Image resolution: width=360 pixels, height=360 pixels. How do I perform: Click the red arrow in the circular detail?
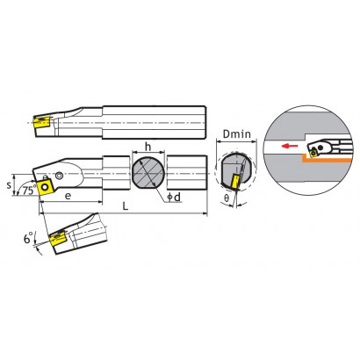[290, 146]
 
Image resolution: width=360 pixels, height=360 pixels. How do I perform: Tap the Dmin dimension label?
[237, 134]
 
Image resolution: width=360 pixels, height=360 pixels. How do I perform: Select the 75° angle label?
[29, 191]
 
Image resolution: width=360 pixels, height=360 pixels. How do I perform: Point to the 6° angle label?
[28, 238]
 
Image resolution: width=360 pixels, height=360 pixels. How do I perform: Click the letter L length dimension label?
[126, 206]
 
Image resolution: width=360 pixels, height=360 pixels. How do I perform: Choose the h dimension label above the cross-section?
[148, 147]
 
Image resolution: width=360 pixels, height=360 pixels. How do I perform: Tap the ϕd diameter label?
[174, 198]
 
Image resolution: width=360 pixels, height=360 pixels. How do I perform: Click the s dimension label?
[9, 185]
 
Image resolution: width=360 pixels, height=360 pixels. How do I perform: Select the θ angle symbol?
[227, 198]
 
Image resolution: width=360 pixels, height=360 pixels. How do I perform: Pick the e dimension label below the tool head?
[68, 196]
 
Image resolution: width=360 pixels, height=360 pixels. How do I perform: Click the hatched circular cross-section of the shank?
[148, 173]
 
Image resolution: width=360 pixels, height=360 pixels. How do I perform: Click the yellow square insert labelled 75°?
[45, 186]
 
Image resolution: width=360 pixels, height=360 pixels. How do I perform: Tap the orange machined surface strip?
[327, 159]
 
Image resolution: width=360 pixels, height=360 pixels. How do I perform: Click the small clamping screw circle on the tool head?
[60, 176]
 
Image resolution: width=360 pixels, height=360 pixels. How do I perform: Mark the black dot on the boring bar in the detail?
[321, 148]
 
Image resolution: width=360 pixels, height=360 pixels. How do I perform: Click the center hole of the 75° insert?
[45, 186]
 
